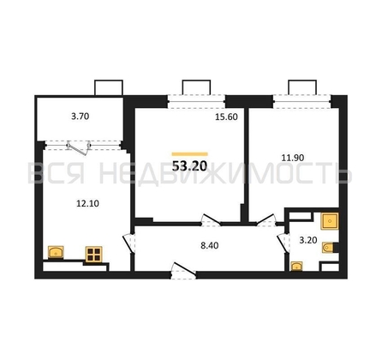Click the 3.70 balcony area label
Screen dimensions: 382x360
click(x=80, y=117)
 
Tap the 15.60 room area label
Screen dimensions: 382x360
click(x=226, y=117)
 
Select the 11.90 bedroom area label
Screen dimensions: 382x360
click(x=293, y=158)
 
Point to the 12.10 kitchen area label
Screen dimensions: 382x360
click(x=87, y=203)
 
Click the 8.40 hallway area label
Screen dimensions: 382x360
click(x=210, y=245)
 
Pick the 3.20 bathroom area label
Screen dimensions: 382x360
click(x=308, y=240)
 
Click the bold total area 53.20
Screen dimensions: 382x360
click(x=189, y=166)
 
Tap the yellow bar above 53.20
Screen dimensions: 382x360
click(x=189, y=154)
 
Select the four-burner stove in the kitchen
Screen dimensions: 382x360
click(x=94, y=255)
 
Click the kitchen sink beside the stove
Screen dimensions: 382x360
click(x=56, y=252)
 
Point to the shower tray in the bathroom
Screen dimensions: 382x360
click(x=330, y=221)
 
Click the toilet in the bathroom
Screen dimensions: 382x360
click(x=330, y=248)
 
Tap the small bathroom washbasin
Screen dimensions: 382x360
click(x=296, y=266)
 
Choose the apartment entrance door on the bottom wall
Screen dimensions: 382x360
click(x=183, y=270)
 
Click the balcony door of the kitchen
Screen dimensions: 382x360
click(x=79, y=147)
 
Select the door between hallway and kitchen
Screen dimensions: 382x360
click(x=128, y=243)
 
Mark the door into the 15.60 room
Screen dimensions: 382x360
click(x=211, y=219)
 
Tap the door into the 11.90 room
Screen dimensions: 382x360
click(x=266, y=220)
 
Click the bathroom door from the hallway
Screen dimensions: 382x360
click(x=283, y=243)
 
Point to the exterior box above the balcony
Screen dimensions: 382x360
click(x=109, y=87)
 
